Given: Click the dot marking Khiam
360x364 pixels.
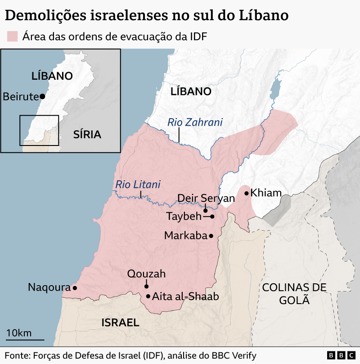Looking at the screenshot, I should pos(247,193).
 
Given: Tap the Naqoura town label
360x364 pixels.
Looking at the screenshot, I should pos(49,287).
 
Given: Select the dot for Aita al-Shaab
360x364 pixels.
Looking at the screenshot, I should pos(148,296).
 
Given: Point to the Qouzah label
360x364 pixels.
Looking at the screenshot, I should pos(146,274).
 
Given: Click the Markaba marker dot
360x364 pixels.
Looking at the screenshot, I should pos(211,236).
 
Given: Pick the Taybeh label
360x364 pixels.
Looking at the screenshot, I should pos(184,216).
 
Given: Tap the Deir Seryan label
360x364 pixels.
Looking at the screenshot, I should pos(206,199).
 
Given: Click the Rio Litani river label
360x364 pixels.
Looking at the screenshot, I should pos(138,184).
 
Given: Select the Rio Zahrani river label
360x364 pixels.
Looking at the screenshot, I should pos(195,122).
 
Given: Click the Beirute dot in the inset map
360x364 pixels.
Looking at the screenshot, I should pos(42,96).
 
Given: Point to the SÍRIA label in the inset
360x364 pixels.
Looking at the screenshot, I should pos(87,134).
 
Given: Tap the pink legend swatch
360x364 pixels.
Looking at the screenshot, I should pos(12,36).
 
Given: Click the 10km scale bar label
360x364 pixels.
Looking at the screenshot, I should pos(19,333).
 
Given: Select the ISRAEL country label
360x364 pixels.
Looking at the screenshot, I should pos(120,323).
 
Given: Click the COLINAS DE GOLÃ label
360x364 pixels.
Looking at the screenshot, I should pos(294,294).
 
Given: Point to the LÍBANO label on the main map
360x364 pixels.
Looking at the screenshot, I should pos(191,91).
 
